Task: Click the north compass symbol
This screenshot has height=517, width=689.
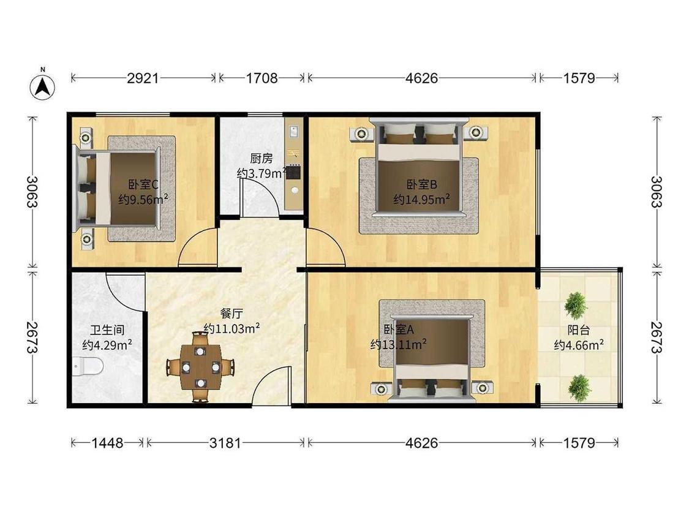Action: (x=42, y=86)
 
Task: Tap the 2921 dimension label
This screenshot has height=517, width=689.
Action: (x=143, y=78)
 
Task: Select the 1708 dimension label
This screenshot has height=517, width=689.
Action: (x=262, y=78)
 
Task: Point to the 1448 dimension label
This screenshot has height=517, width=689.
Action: (x=108, y=442)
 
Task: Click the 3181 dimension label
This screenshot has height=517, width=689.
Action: (x=225, y=442)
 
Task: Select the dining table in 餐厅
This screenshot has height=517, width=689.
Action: (x=200, y=367)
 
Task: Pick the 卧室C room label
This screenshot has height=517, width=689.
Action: (x=144, y=184)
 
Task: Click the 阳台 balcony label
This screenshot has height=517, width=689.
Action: (x=579, y=330)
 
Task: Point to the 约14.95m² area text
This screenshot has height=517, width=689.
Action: (x=421, y=199)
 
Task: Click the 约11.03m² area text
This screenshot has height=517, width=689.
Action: (x=232, y=329)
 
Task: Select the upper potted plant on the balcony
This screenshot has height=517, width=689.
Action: (x=575, y=304)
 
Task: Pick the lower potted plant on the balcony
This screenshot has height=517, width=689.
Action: (x=579, y=387)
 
